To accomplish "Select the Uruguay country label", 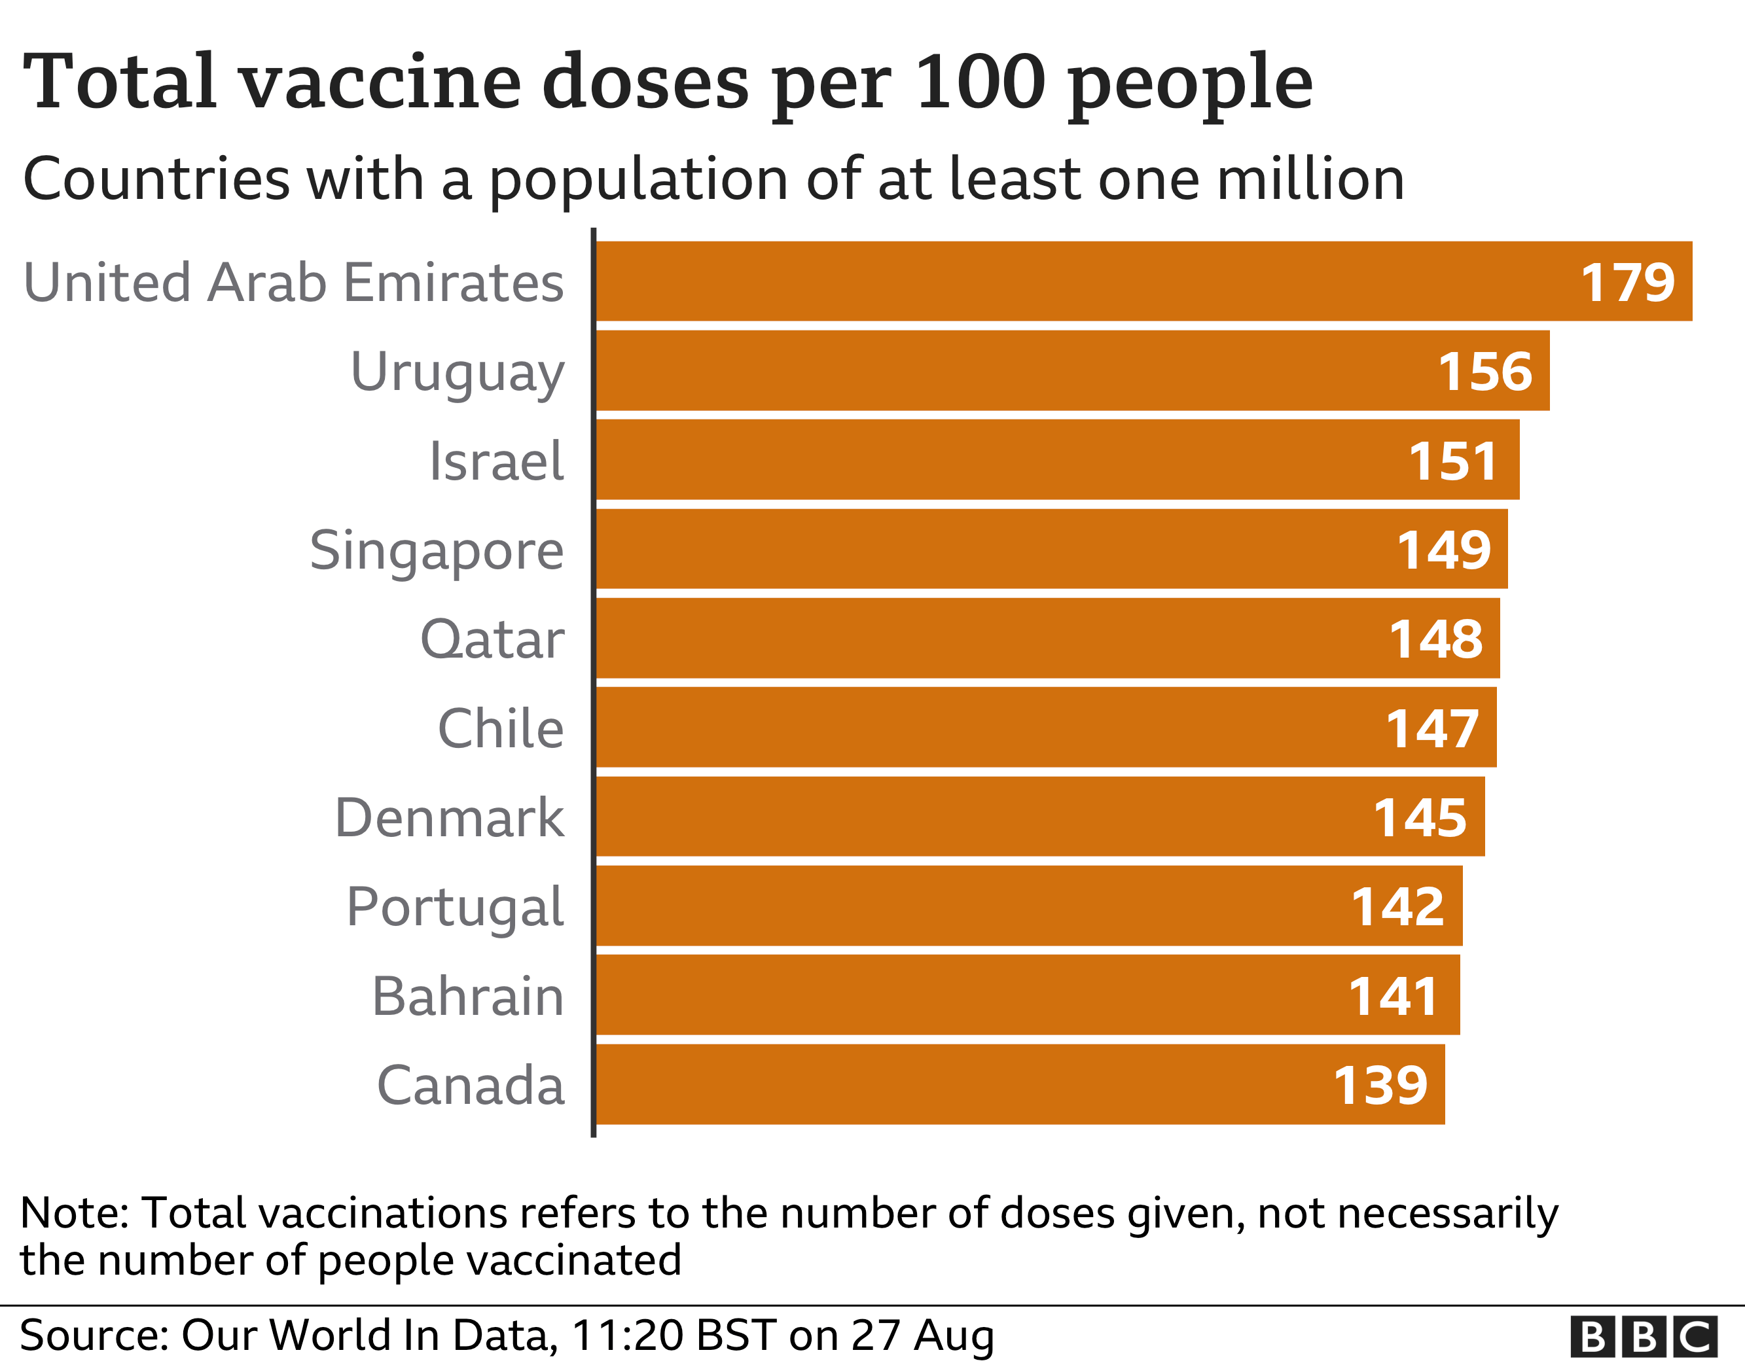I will click(x=457, y=372).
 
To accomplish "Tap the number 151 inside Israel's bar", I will click(x=1452, y=461).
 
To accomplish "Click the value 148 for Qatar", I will click(x=1436, y=639).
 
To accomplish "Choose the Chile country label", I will click(x=500, y=729).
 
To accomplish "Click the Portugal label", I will click(x=455, y=908).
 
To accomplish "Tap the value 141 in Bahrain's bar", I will click(x=1394, y=997).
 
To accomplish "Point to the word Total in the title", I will click(x=120, y=82).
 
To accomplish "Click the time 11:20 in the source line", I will click(x=627, y=1335).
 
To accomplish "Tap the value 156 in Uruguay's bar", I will click(x=1484, y=372).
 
